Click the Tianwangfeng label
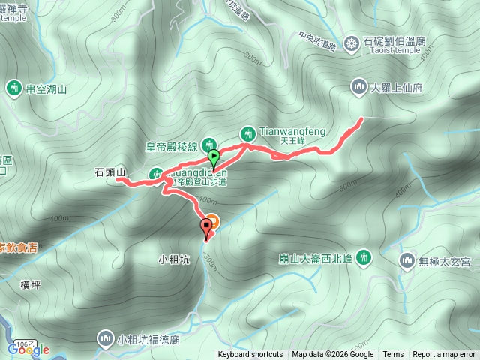[292, 132]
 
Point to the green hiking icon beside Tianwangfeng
[247, 134]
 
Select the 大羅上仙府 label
[397, 88]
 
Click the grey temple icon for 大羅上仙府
[357, 88]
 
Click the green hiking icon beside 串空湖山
[14, 88]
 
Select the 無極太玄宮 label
[445, 261]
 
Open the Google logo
[28, 349]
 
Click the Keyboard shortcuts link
[250, 355]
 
